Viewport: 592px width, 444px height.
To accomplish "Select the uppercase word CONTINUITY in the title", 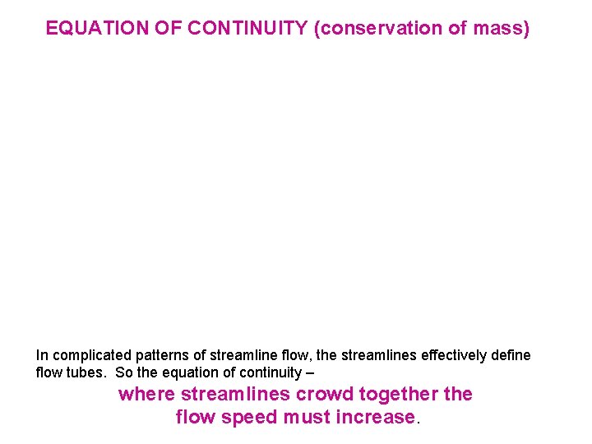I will (247, 29).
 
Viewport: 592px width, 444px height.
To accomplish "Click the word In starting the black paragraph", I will (41, 355).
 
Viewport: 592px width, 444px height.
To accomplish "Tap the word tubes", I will (79, 372).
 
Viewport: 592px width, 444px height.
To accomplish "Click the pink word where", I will (146, 394).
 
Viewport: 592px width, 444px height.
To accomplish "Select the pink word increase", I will (376, 417).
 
